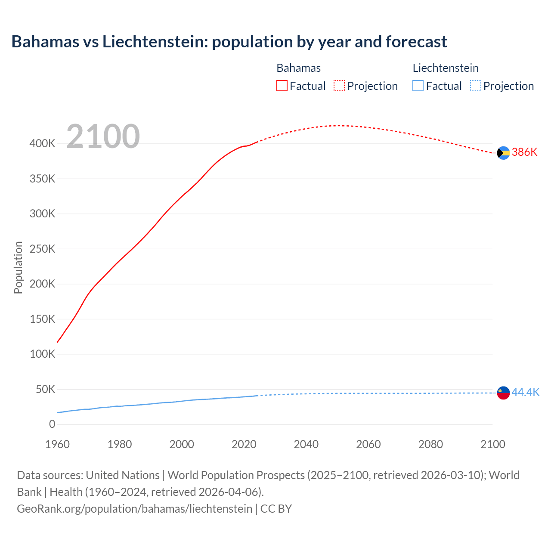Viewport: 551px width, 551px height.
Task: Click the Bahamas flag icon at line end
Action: [x=503, y=153]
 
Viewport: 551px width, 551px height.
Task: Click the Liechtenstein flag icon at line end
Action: [x=503, y=393]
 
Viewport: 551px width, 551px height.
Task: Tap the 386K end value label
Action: [x=524, y=152]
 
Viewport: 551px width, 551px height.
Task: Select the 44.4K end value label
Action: [x=525, y=392]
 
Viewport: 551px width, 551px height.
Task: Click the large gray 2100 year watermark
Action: [x=103, y=136]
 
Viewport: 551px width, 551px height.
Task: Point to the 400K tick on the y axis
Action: [x=42, y=144]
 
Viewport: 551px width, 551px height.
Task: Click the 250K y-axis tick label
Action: [x=42, y=249]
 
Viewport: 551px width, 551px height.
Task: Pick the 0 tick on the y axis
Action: [x=52, y=424]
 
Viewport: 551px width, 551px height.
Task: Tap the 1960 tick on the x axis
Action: [x=57, y=444]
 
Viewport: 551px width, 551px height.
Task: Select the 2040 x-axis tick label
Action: [x=306, y=444]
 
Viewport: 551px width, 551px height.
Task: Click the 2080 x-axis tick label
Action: [x=430, y=444]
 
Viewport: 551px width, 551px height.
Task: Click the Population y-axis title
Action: [x=18, y=267]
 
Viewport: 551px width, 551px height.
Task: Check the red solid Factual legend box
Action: [x=282, y=86]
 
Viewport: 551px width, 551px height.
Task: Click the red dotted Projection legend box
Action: [x=339, y=86]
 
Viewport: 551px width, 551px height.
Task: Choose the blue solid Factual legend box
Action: [x=418, y=86]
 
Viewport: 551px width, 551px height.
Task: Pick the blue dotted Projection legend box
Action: [x=475, y=86]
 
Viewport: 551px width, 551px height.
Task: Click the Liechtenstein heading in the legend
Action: [x=446, y=68]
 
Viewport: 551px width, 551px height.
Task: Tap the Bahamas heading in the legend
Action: [x=298, y=68]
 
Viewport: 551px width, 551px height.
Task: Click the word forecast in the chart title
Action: [x=416, y=42]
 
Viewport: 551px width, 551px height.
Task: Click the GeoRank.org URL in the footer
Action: [x=134, y=509]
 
